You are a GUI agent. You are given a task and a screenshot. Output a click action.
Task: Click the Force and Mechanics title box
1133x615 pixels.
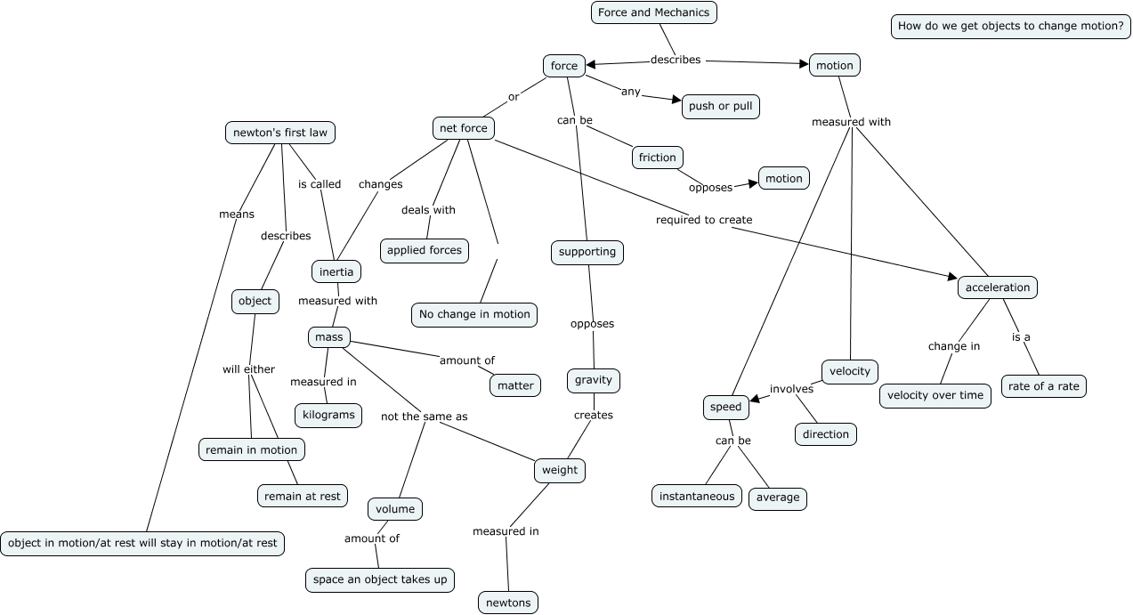pos(653,12)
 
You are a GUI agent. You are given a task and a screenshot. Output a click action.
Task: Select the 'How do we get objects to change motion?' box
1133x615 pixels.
pos(1010,26)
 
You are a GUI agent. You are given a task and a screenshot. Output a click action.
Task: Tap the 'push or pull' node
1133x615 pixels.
pos(720,106)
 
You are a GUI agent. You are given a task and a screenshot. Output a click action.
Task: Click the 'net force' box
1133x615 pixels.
pos(464,128)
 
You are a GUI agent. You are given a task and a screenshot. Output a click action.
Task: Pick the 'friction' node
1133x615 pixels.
pos(658,158)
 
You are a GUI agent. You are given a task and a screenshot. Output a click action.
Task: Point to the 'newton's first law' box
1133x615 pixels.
pos(280,133)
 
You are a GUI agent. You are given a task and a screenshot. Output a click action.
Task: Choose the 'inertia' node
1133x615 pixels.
pos(336,271)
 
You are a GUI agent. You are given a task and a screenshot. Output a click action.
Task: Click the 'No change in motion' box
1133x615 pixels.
pos(474,314)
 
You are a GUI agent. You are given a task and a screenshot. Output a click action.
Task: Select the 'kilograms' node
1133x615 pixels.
pos(328,415)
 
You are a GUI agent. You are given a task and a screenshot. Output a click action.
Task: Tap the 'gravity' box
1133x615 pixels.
pos(593,380)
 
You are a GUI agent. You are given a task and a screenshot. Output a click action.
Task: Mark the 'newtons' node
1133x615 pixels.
pos(508,603)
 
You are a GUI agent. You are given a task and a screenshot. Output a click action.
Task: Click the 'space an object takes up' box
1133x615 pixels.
pos(380,579)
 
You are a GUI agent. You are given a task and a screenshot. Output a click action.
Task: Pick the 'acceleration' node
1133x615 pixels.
pos(998,287)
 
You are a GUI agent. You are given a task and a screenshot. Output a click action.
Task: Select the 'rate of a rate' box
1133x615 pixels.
pos(1044,386)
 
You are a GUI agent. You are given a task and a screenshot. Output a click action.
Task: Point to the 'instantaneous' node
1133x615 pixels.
pos(697,496)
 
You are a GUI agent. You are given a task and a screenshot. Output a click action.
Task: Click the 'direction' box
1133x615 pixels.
pos(826,434)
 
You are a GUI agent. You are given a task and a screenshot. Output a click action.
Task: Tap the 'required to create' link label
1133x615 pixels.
pos(704,220)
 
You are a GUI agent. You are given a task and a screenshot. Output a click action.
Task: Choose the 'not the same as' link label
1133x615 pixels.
pos(424,416)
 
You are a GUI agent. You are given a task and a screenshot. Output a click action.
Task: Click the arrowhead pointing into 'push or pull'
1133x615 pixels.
pos(676,101)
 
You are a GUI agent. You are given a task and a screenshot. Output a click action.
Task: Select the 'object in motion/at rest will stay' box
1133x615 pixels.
pos(142,543)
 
